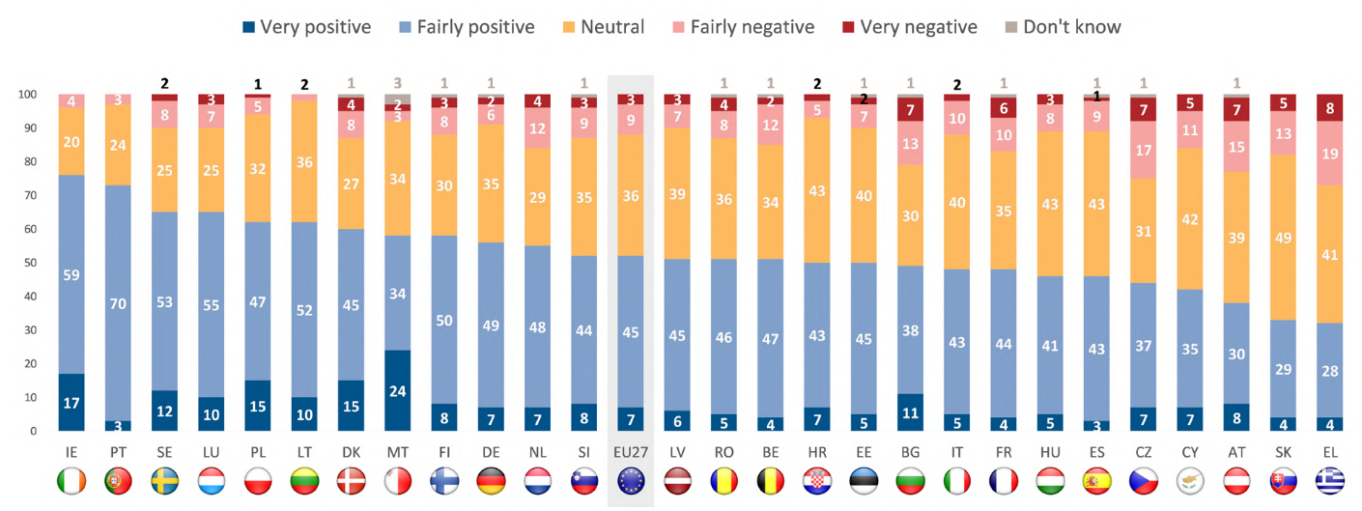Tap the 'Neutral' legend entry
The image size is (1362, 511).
coord(601,27)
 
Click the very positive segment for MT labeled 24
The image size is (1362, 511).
coord(399,390)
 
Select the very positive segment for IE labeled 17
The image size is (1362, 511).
coord(72,402)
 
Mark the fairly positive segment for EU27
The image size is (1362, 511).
coord(630,331)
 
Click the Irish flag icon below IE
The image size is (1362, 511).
coord(72,482)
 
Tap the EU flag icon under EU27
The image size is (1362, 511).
coord(630,482)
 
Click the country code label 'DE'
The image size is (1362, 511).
coord(491,451)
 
